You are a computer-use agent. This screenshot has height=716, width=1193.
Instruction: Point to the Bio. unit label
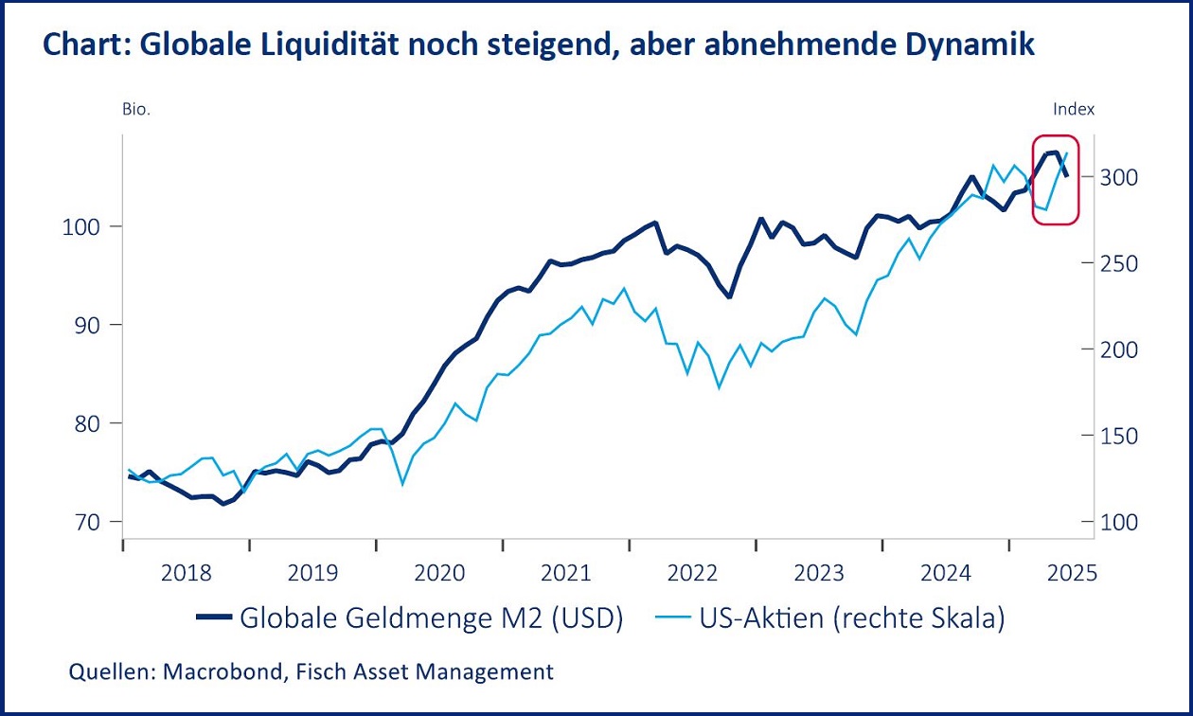tap(136, 109)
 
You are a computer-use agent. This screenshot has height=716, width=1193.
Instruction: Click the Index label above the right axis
tap(1074, 109)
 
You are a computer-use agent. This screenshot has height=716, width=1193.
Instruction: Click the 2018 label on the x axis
tap(187, 573)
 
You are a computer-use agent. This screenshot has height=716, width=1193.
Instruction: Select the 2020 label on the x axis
tap(439, 573)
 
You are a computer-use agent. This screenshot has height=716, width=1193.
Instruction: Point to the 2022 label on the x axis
tap(692, 573)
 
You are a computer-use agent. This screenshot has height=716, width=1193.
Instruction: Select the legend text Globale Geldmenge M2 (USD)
tap(431, 618)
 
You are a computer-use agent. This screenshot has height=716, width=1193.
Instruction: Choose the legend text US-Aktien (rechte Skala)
tap(851, 618)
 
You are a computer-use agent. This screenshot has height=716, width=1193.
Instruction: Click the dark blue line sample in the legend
tap(213, 618)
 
